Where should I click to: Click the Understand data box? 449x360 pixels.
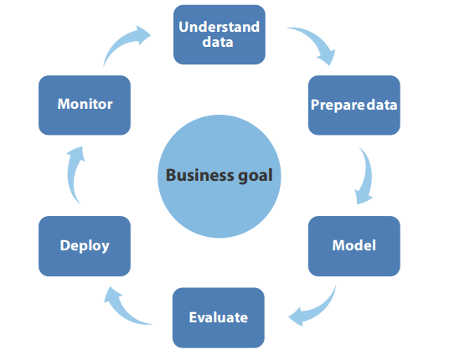coord(219,34)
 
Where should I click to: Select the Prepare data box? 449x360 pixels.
coord(354,105)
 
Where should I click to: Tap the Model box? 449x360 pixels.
coord(354,246)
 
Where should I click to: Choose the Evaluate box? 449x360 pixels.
coord(219,317)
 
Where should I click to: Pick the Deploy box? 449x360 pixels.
coord(85,246)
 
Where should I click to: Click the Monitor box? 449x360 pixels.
coord(85,105)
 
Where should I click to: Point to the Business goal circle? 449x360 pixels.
coord(219,177)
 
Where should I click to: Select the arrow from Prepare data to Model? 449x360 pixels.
coord(368,175)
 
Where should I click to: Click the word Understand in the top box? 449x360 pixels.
coord(219,27)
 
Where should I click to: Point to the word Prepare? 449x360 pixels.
coord(338,105)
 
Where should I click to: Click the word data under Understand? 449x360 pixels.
coord(218,42)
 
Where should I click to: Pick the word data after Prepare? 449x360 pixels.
coord(382,105)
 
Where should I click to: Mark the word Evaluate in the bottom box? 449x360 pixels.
coord(219,317)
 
